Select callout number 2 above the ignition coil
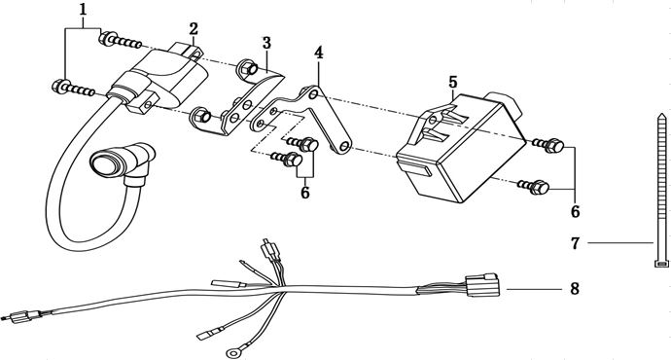pos(194,28)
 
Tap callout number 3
pos(265,44)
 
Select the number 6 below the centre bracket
pos(304,194)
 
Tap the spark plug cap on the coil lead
pos(107,162)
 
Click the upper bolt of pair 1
pos(125,40)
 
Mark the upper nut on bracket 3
pos(249,70)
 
